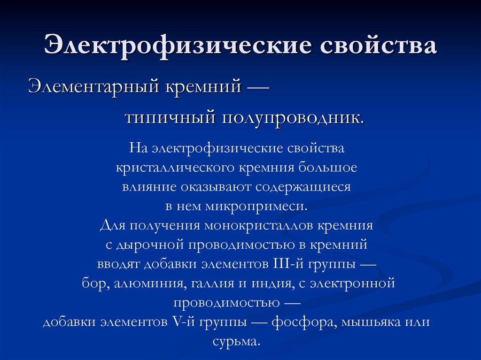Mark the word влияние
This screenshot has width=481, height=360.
[x=146, y=187]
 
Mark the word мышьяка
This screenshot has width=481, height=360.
[x=372, y=322]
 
